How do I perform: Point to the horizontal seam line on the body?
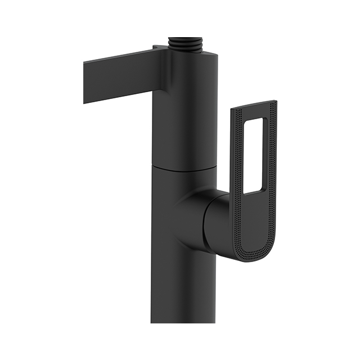(183, 167)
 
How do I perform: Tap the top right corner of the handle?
(274, 103)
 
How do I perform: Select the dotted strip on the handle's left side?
(236, 169)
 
